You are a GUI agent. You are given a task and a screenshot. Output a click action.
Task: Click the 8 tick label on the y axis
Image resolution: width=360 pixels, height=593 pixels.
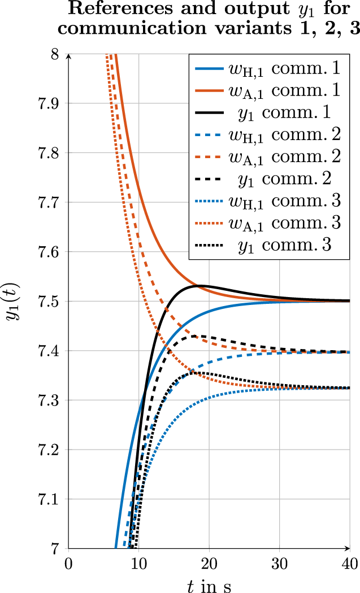tap(55, 54)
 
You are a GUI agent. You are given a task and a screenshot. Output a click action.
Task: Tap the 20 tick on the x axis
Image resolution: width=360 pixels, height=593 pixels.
tap(209, 563)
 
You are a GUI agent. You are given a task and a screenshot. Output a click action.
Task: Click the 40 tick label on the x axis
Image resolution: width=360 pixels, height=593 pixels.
tap(350, 563)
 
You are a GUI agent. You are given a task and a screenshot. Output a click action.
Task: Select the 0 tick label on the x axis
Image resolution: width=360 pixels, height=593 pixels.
tap(68, 563)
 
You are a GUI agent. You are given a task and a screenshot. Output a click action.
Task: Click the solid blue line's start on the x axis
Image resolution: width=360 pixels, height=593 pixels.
tap(115, 548)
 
